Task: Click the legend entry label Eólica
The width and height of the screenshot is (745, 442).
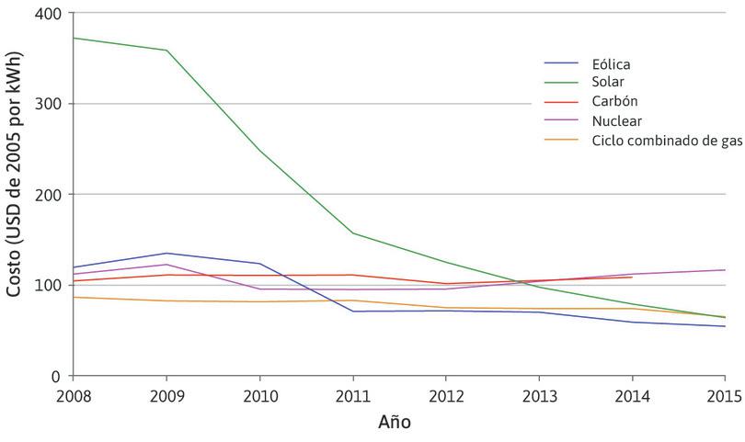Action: click(611, 64)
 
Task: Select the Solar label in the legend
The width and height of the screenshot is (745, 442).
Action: click(607, 83)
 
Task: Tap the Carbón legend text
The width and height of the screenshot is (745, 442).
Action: click(613, 101)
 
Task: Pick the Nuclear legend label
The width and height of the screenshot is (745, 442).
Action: click(616, 120)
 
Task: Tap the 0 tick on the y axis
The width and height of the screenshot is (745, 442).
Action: click(56, 376)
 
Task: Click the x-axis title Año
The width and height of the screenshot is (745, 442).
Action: click(395, 424)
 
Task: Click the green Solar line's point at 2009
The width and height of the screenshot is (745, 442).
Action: click(166, 50)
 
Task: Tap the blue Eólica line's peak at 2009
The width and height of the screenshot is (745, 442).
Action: click(166, 254)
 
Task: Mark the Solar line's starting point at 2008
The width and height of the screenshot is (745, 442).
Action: click(74, 38)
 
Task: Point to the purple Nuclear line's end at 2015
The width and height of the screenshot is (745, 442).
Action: click(725, 270)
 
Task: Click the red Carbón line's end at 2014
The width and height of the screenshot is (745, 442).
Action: click(632, 278)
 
